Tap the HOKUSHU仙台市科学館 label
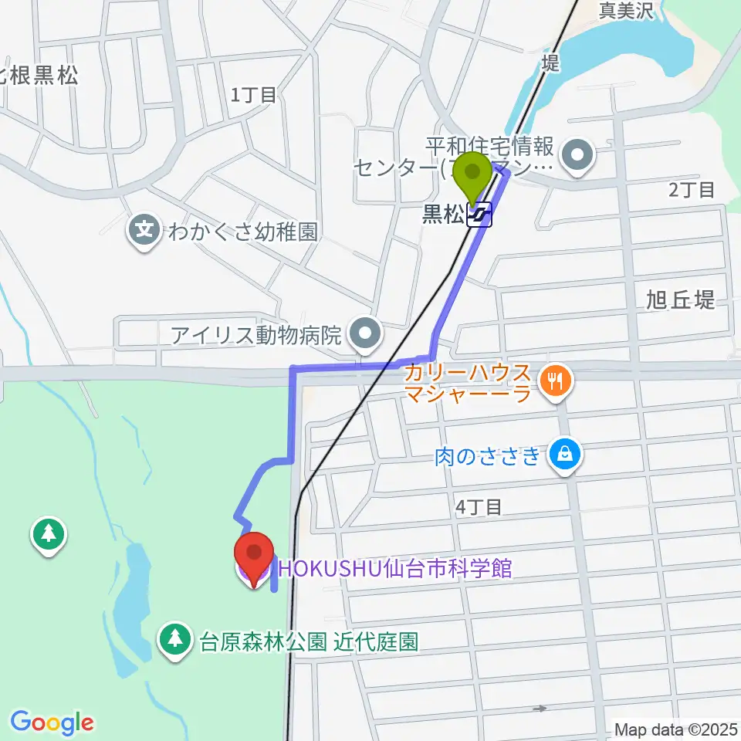395,570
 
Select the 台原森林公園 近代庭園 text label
309,641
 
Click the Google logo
52,722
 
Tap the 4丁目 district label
479,506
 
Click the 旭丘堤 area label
682,301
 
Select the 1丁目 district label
253,95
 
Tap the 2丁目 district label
692,190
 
